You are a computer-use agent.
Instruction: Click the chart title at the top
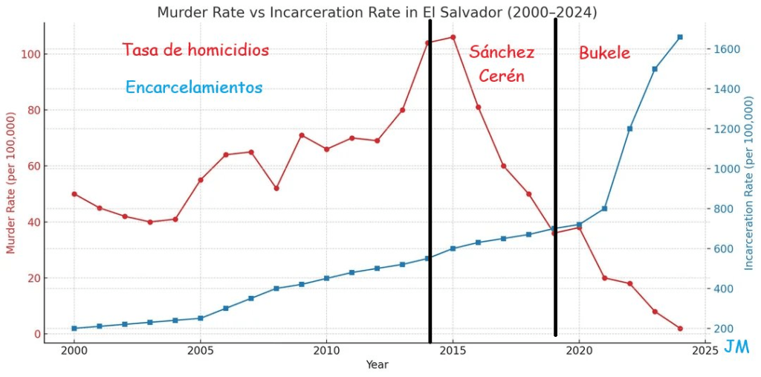(377, 13)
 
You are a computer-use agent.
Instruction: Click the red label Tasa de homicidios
(195, 50)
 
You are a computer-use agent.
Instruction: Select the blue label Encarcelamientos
(194, 87)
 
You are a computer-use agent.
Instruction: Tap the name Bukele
(604, 53)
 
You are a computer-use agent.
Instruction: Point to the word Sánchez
(502, 52)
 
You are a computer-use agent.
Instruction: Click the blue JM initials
(736, 347)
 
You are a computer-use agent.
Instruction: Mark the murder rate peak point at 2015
(453, 37)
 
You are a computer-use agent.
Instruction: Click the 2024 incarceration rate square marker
(680, 37)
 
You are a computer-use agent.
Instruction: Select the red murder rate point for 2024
(680, 329)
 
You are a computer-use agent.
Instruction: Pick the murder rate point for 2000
(74, 194)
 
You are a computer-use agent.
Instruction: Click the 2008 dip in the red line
(276, 188)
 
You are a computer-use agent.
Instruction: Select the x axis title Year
(377, 364)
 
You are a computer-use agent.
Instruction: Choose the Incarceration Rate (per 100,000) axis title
(749, 184)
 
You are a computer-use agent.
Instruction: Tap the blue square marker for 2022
(629, 129)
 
